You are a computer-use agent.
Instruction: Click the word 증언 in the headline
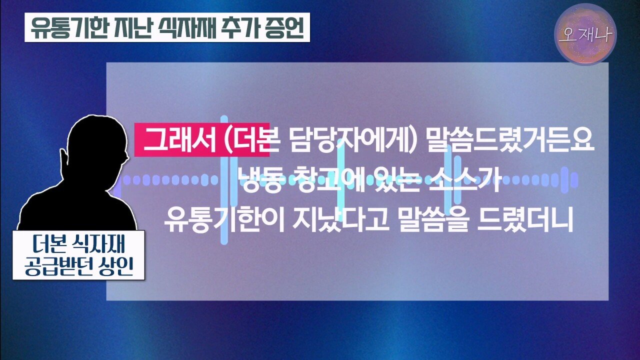(x=284, y=27)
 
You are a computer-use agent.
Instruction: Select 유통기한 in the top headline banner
(x=67, y=27)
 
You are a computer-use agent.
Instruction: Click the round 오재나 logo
(x=585, y=34)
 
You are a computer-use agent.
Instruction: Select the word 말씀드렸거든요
(x=510, y=140)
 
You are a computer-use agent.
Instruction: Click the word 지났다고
(x=340, y=220)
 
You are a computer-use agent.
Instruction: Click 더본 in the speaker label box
(x=49, y=244)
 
